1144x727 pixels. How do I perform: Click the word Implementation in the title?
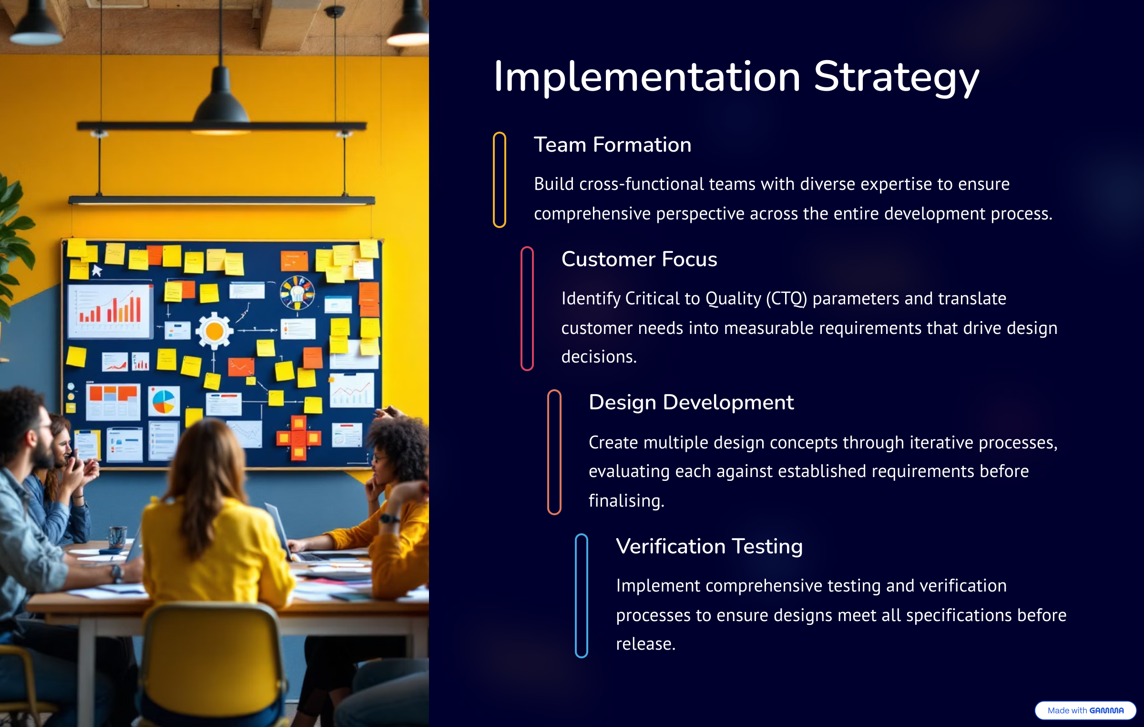[647, 77]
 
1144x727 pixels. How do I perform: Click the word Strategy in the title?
[897, 79]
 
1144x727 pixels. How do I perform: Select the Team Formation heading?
[613, 145]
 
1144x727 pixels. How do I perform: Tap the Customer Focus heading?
[639, 259]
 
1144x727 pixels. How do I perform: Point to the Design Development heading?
[691, 403]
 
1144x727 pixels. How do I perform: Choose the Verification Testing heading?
[709, 547]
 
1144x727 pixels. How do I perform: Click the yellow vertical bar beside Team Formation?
[499, 180]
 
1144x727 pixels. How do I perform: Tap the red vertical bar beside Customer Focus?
[527, 309]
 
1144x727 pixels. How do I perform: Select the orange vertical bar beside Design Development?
[554, 452]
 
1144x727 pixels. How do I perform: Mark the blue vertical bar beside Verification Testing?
[581, 596]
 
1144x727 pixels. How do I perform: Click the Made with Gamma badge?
[1085, 710]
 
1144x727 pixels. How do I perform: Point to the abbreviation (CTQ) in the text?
[786, 299]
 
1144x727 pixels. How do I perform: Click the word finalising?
[626, 501]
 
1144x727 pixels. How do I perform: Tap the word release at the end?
[645, 644]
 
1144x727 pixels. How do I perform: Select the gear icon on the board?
[214, 331]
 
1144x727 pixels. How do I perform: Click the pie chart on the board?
[163, 402]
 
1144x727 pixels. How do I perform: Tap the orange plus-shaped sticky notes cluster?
[298, 437]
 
